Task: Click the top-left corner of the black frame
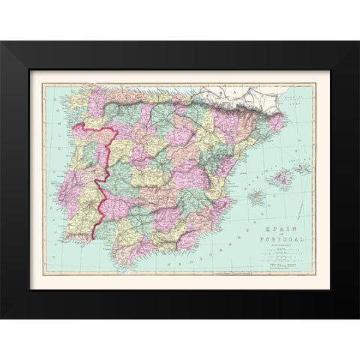pos(1,42)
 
